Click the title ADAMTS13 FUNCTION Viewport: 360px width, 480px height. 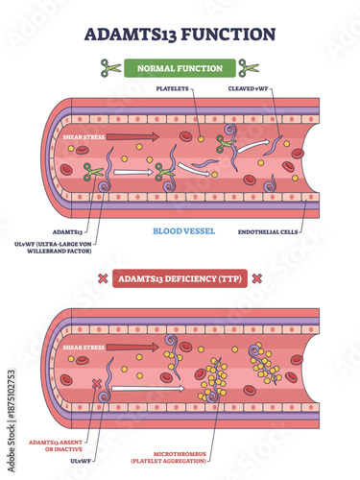[x=180, y=34]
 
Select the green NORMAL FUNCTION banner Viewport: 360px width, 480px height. [x=180, y=68]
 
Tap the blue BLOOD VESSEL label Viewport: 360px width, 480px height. [x=180, y=231]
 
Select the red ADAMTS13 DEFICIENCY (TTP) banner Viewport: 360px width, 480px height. [x=180, y=277]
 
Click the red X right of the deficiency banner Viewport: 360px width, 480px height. [x=256, y=277]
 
